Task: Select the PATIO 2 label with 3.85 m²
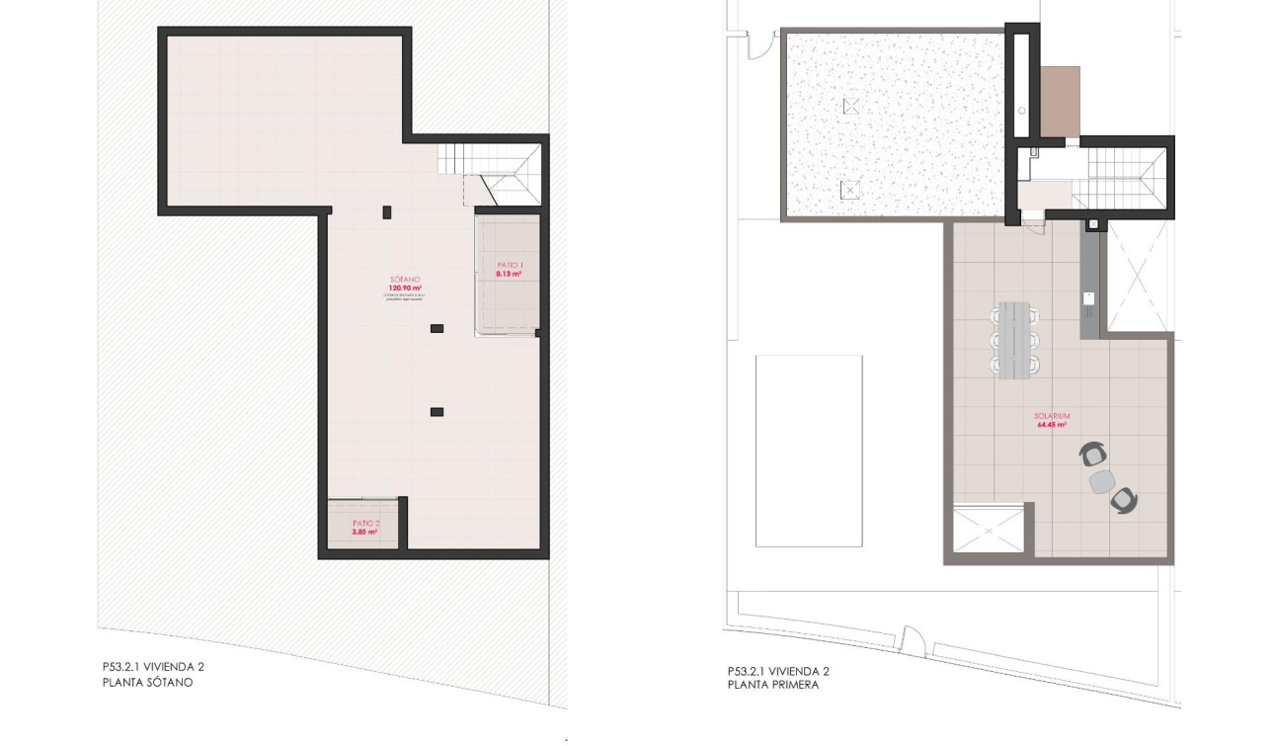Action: (x=365, y=528)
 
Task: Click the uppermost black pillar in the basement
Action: (x=387, y=210)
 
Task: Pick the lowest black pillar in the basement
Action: (x=437, y=411)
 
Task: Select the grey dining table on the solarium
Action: (x=1015, y=341)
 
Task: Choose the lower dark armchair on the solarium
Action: (x=1123, y=501)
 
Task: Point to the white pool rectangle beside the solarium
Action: (x=809, y=451)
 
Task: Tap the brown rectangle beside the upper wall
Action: (x=1061, y=102)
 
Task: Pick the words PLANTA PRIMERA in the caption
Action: (x=773, y=683)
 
